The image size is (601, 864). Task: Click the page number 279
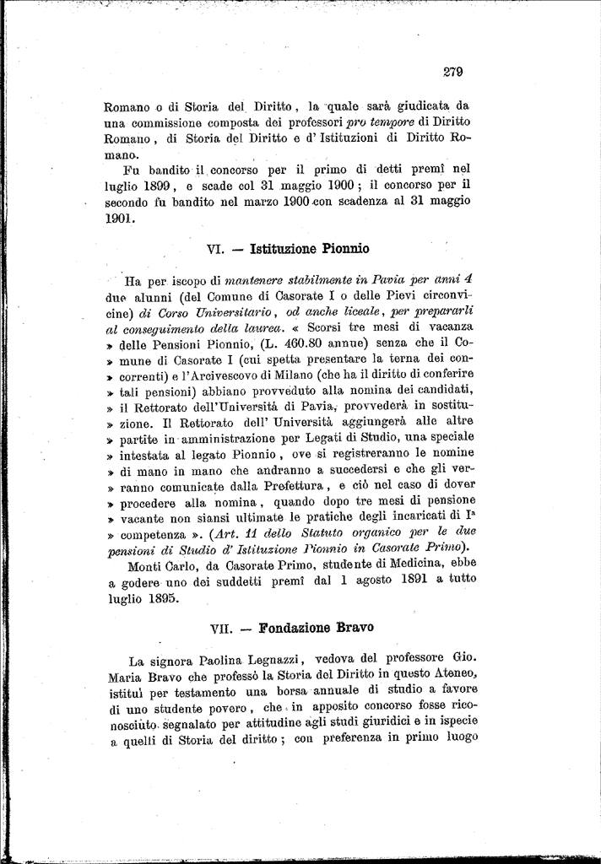coord(452,73)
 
